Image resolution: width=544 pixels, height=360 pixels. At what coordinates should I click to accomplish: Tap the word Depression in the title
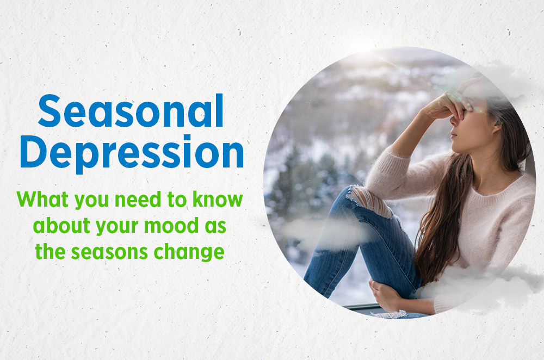point(131,153)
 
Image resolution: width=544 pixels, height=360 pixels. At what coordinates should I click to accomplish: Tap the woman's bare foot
point(386,296)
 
